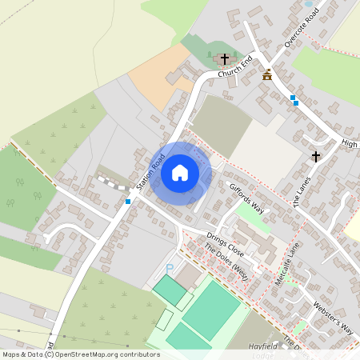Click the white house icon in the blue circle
(180, 172)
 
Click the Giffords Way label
(246, 196)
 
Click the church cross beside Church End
(225, 59)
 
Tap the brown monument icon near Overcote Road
(266, 75)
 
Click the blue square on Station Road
(128, 202)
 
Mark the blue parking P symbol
(169, 266)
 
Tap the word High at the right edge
(349, 143)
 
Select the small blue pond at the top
(308, 3)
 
